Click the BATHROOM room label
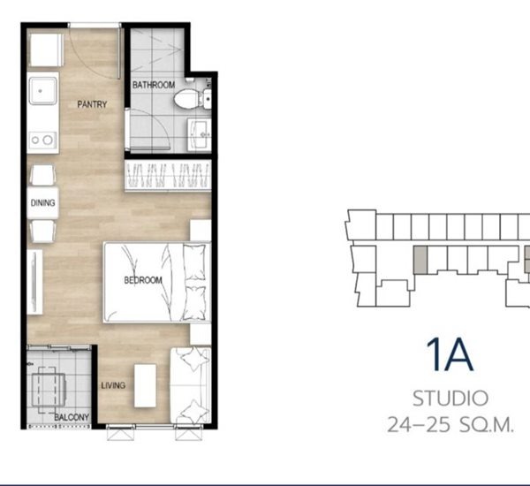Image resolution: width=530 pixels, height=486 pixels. [154, 85]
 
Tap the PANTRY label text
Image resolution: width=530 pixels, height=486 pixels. [92, 104]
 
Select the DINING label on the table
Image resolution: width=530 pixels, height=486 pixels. [42, 202]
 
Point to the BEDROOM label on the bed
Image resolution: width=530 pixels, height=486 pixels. [143, 280]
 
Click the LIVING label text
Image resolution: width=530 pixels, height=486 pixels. [113, 385]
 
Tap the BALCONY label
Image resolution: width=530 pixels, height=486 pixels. [72, 417]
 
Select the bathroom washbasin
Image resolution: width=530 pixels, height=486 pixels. [200, 134]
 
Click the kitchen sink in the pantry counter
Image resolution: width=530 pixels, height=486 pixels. [43, 91]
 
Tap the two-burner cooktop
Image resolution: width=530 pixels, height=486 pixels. [42, 140]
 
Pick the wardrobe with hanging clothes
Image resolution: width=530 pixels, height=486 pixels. [168, 176]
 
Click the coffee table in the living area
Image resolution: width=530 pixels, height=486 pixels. [146, 385]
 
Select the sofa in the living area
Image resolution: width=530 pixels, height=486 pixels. [191, 385]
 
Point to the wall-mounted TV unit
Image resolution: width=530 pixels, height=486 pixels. [34, 282]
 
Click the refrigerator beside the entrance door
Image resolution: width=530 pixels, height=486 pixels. [45, 50]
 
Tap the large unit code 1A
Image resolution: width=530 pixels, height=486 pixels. [450, 355]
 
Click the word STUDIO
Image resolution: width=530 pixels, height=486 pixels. [450, 399]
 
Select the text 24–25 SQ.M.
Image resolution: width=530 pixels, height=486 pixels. [450, 425]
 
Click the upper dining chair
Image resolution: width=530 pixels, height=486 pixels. [42, 175]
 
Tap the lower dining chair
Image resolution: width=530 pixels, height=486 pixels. [42, 232]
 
